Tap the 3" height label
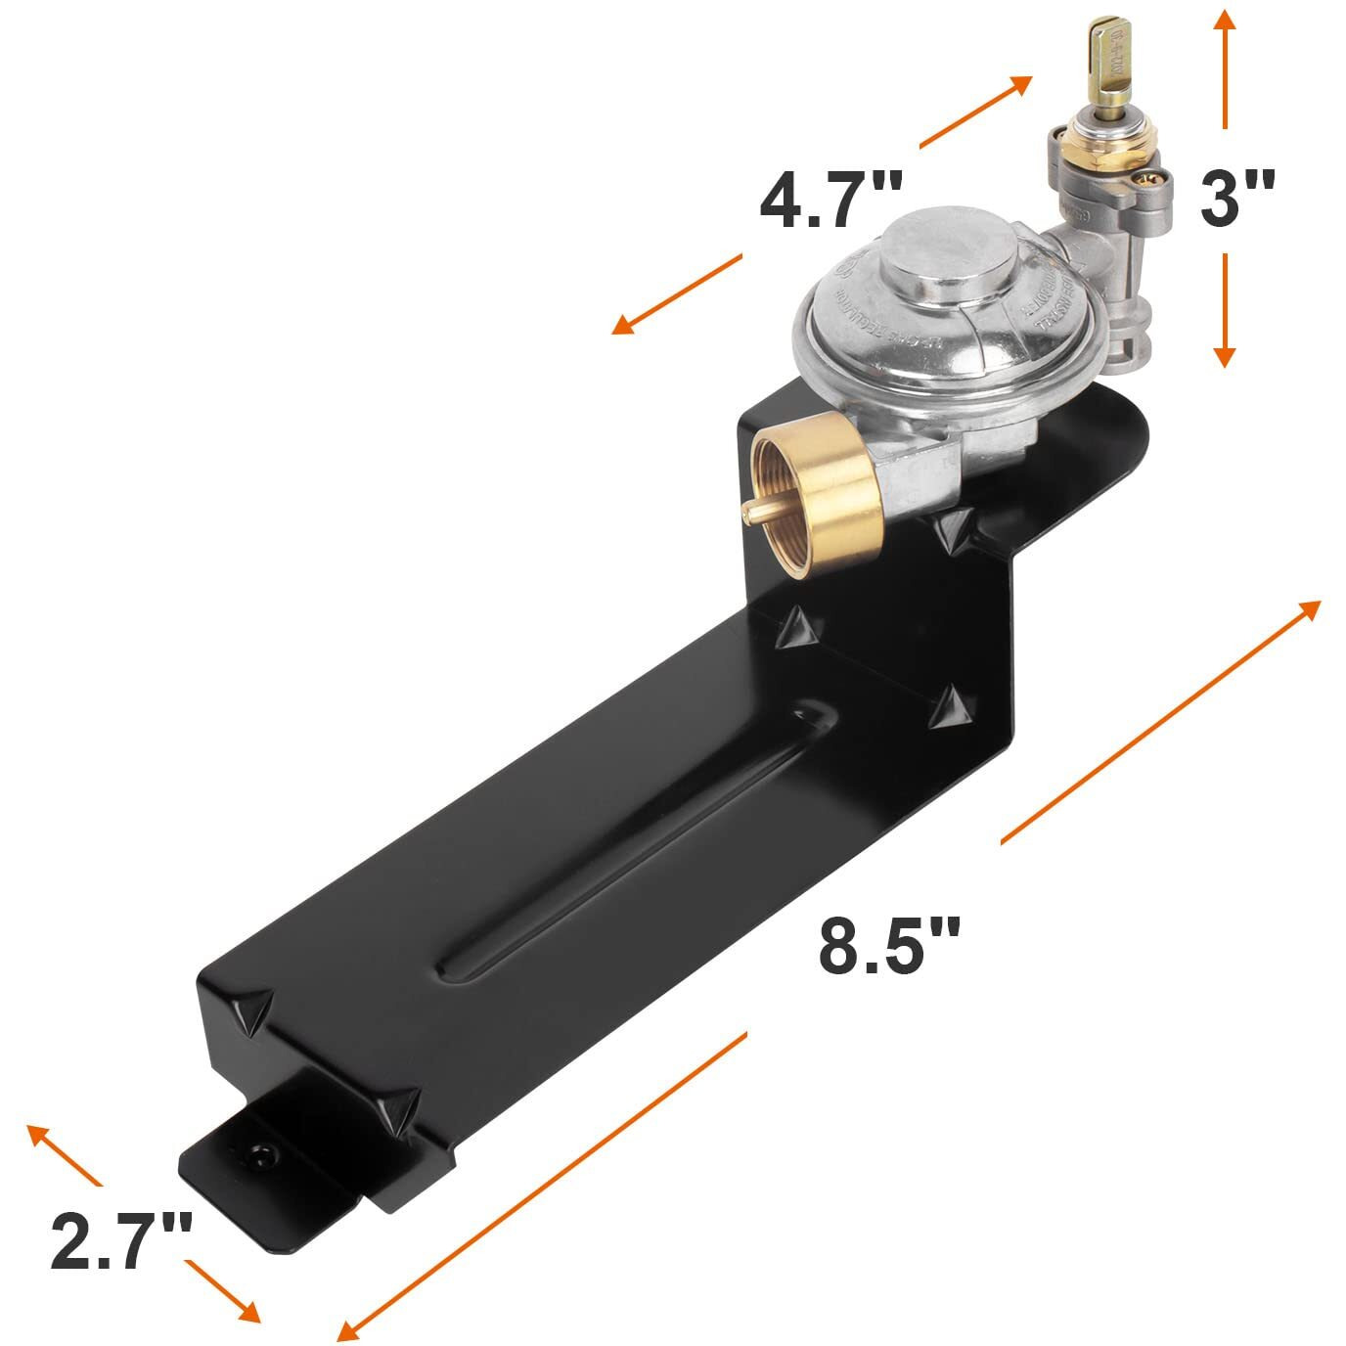click(1236, 197)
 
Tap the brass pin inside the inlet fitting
click(758, 510)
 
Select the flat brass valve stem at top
click(1108, 64)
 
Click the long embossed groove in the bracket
click(626, 841)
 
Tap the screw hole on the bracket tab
click(261, 1154)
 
